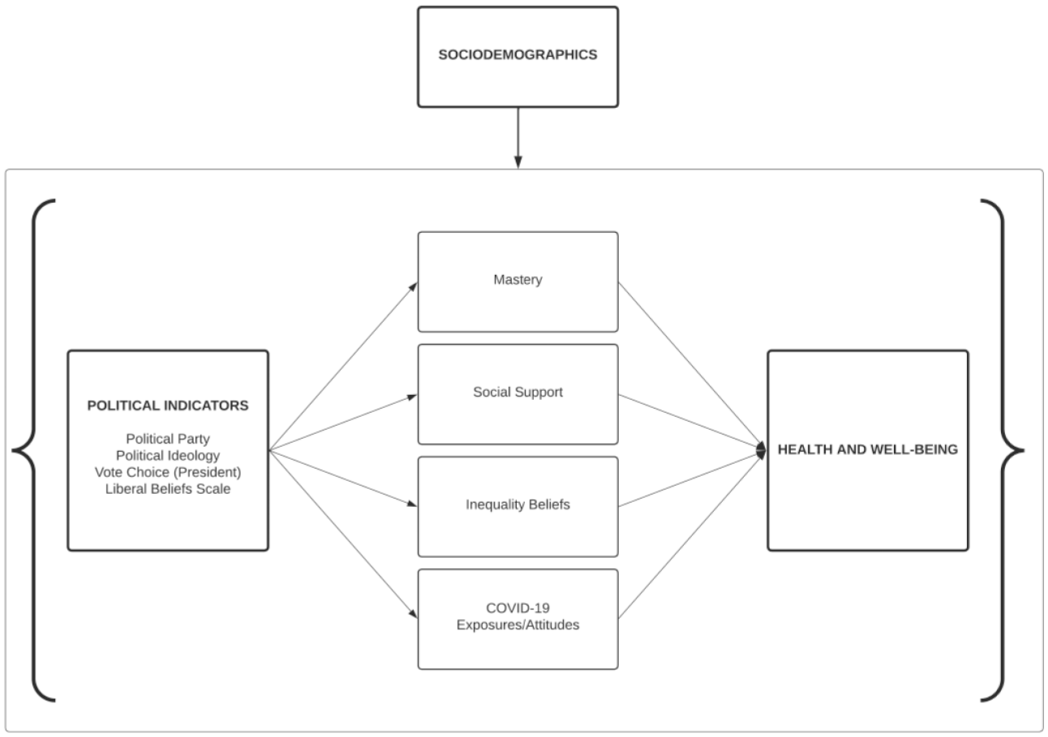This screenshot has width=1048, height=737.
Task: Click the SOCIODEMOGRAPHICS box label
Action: pos(518,54)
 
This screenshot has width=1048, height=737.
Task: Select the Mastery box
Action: pos(518,282)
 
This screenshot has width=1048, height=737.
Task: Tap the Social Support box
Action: pos(518,394)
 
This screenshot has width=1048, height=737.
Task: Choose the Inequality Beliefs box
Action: pos(518,507)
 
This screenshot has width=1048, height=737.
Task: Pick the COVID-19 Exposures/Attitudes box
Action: pos(518,619)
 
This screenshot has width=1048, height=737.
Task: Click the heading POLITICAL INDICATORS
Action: pos(168,405)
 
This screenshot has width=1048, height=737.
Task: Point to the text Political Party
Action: pos(168,439)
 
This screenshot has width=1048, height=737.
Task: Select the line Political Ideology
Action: pos(168,456)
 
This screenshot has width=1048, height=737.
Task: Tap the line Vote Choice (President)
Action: pos(168,473)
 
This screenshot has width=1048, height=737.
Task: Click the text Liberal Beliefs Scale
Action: pos(168,489)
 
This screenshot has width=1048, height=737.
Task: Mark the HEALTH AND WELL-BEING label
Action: pos(868,449)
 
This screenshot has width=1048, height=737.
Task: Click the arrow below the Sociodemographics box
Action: pos(518,138)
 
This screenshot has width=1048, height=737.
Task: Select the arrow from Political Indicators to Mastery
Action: pos(343,366)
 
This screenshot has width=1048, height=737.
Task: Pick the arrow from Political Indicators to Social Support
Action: pos(343,422)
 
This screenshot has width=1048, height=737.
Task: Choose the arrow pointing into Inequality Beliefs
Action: pos(343,478)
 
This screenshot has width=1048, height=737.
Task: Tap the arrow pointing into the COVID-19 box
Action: pos(343,534)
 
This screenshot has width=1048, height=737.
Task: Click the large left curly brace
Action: pos(33,451)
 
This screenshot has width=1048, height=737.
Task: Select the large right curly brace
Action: pos(1003,451)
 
